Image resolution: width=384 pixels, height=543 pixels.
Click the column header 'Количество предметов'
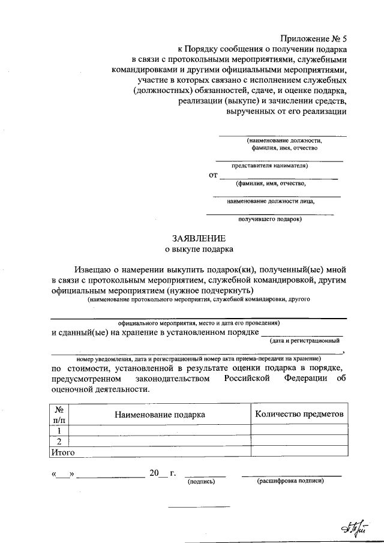(x=299, y=413)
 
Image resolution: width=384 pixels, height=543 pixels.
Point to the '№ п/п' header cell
(x=59, y=414)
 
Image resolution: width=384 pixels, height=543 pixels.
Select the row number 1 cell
(x=59, y=430)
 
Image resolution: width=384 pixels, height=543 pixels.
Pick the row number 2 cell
(x=59, y=441)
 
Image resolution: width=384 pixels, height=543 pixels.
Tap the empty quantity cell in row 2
(x=299, y=441)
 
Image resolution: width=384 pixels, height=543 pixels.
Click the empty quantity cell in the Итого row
(x=299, y=452)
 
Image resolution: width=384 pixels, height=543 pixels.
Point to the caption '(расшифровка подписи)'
(x=290, y=481)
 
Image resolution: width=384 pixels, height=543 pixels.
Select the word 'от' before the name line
(x=212, y=176)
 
